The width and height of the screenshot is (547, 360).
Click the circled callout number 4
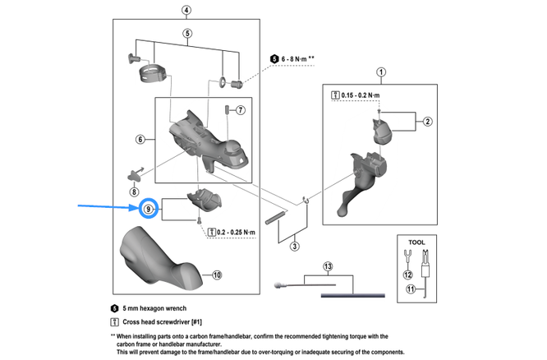pyautogui.click(x=186, y=10)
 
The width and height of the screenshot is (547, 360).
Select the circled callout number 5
pyautogui.click(x=186, y=33)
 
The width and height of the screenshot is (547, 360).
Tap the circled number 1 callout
pyautogui.click(x=379, y=72)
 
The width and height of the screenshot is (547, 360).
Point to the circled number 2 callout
pyautogui.click(x=427, y=122)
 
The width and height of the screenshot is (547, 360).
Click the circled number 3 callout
pyautogui.click(x=294, y=247)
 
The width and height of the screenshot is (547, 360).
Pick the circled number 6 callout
pyautogui.click(x=140, y=140)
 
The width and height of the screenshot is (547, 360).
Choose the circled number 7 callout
pyautogui.click(x=241, y=110)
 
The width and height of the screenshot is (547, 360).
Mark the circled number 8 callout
pyautogui.click(x=134, y=191)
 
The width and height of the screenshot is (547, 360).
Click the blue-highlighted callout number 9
pyautogui.click(x=149, y=210)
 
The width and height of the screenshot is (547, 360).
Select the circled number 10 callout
pyautogui.click(x=217, y=275)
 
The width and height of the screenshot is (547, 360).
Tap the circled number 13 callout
pyautogui.click(x=329, y=267)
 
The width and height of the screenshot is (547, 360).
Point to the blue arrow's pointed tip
pyautogui.click(x=136, y=210)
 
